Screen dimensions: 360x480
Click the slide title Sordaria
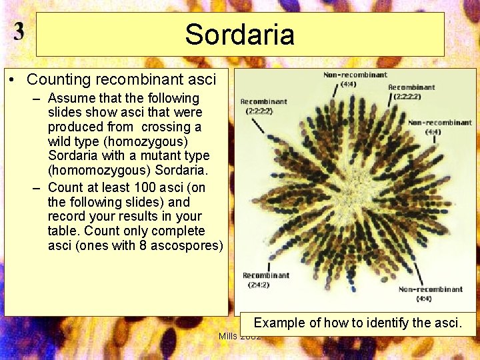[x=239, y=35]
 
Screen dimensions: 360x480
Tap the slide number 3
[x=19, y=32]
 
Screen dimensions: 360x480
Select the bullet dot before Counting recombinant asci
[x=13, y=81]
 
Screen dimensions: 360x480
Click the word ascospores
[x=189, y=245]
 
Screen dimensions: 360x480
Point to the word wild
[x=61, y=141]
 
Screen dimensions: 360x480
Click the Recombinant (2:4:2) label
[x=265, y=279]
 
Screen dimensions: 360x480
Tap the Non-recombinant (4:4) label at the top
[x=355, y=79]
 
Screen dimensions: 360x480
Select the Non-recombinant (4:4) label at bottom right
[x=430, y=293]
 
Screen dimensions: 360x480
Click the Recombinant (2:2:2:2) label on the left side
[x=263, y=106]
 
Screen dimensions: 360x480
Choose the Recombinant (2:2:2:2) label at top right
[x=411, y=91]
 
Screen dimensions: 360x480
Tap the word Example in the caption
[x=280, y=323]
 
